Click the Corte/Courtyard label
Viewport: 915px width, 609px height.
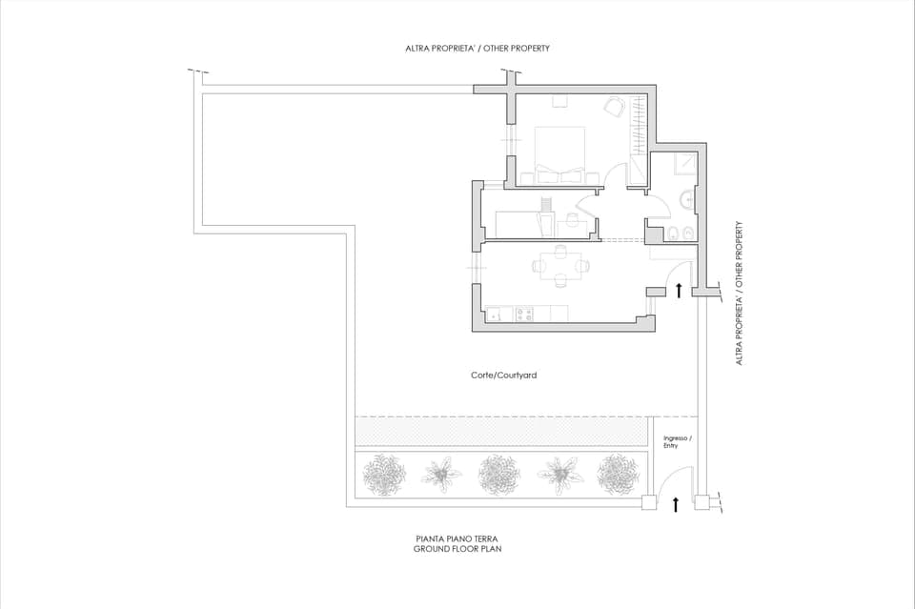pyautogui.click(x=503, y=376)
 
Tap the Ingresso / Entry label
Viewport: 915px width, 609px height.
pyautogui.click(x=678, y=441)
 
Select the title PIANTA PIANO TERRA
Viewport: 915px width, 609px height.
pyautogui.click(x=457, y=539)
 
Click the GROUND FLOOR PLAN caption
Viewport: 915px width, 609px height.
pyautogui.click(x=457, y=550)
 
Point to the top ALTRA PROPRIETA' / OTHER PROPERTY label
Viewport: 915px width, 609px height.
pyautogui.click(x=477, y=48)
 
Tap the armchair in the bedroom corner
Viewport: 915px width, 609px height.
pyautogui.click(x=616, y=106)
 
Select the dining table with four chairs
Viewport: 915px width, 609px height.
pyautogui.click(x=559, y=266)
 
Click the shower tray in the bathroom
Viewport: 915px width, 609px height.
pyautogui.click(x=684, y=166)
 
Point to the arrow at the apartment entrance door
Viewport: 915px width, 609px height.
pyautogui.click(x=679, y=290)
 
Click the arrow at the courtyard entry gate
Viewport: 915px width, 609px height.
pyautogui.click(x=676, y=504)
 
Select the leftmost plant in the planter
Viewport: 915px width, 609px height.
pyautogui.click(x=386, y=474)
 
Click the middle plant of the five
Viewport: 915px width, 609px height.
pyautogui.click(x=499, y=474)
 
